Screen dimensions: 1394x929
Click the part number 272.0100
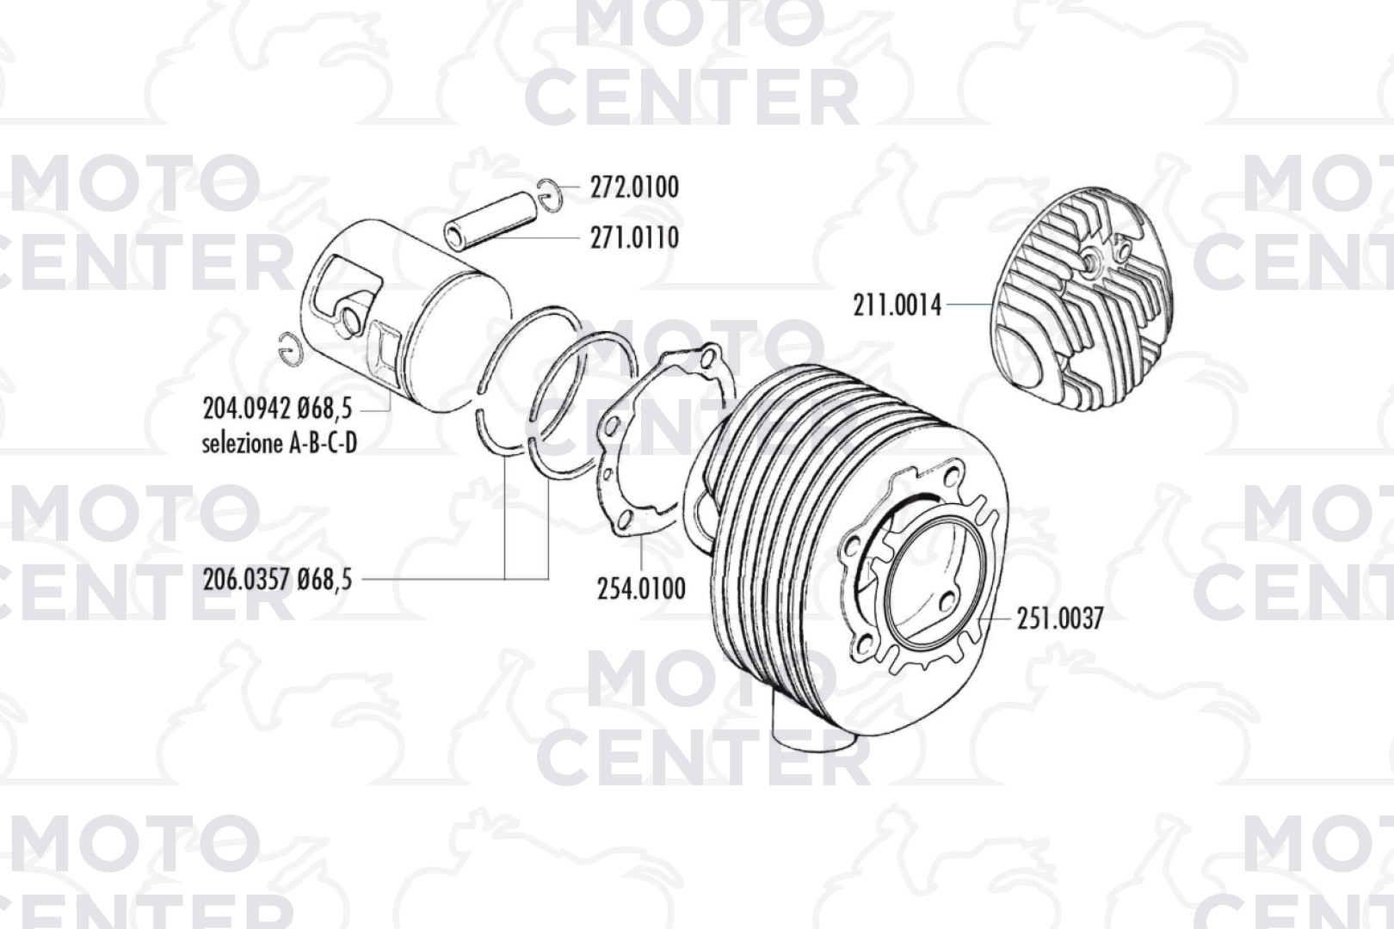[x=635, y=188]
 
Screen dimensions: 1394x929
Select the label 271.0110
[x=635, y=237]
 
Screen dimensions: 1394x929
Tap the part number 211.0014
[x=897, y=306]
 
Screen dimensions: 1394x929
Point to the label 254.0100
[x=642, y=588]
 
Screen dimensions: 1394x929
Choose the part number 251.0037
[x=1060, y=618]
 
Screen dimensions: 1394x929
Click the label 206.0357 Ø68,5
[x=278, y=580]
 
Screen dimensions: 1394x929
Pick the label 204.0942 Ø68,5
[x=278, y=409]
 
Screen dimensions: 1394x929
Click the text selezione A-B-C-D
[x=280, y=444]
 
